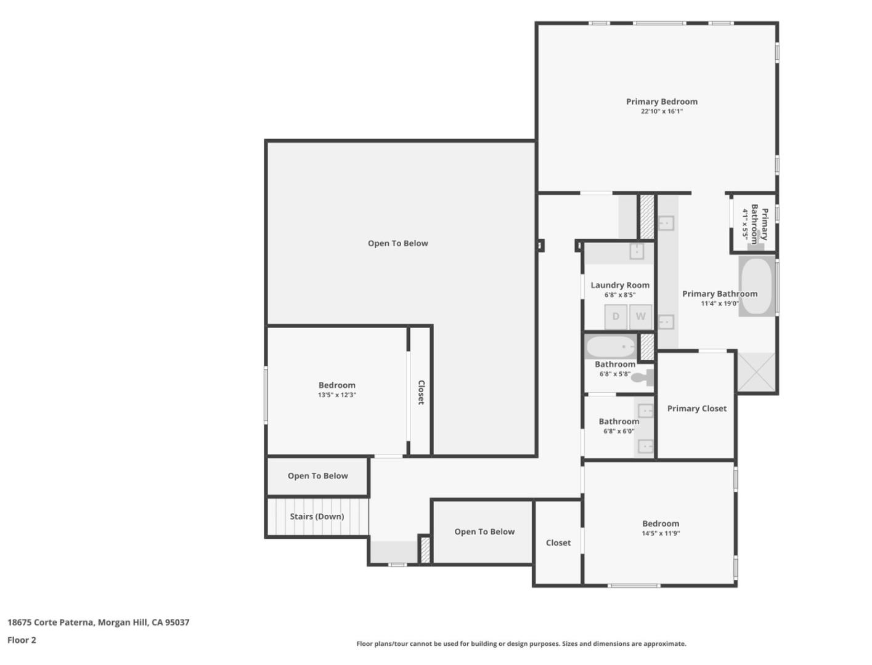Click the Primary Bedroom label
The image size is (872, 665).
(x=661, y=102)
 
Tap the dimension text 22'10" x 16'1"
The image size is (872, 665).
(x=661, y=111)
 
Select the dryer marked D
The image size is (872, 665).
(x=615, y=317)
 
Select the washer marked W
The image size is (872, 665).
(x=640, y=317)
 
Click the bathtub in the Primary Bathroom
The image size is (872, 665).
(x=756, y=286)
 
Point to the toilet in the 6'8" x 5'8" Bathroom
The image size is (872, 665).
(x=643, y=377)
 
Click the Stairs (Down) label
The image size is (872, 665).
(x=317, y=517)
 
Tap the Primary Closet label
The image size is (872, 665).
(x=696, y=408)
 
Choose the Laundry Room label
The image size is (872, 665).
(x=619, y=285)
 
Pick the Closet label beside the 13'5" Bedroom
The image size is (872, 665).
(x=421, y=392)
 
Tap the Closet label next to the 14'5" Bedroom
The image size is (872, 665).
(x=558, y=542)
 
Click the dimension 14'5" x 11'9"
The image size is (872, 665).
(x=660, y=534)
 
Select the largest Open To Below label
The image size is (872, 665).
(x=397, y=243)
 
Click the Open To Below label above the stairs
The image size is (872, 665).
(x=317, y=476)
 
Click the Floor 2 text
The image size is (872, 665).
(x=22, y=640)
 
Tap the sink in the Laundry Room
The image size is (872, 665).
(x=636, y=251)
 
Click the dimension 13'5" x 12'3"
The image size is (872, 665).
(x=336, y=395)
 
